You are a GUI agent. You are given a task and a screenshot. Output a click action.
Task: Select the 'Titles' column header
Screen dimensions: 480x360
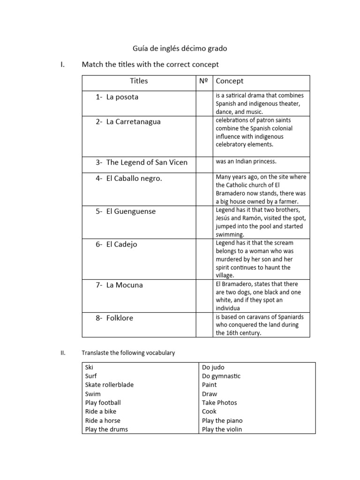tap(139, 81)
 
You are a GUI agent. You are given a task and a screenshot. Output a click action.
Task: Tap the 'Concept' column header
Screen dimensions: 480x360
tap(230, 81)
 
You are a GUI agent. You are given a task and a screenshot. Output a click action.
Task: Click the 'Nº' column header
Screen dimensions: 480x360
tap(203, 81)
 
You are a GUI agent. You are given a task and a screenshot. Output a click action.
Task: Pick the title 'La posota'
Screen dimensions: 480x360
tap(122, 97)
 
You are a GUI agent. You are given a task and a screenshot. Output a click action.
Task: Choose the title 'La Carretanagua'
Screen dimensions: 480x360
tap(133, 121)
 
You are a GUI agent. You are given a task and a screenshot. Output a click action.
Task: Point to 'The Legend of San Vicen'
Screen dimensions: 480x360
tap(147, 162)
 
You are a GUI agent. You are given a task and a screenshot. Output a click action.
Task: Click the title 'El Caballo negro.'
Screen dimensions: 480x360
tap(134, 178)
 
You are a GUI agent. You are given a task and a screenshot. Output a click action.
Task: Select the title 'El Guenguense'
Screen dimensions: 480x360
tap(131, 211)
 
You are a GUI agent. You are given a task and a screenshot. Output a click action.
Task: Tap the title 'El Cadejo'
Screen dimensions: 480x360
tap(121, 244)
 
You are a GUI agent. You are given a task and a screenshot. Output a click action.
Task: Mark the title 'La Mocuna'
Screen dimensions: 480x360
tap(125, 285)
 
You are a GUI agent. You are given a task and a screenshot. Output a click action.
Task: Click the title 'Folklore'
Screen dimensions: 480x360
tap(120, 317)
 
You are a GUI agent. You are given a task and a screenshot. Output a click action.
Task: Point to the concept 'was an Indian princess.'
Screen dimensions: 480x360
tap(246, 161)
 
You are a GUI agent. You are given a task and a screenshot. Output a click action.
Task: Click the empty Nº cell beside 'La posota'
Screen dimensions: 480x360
tap(204, 103)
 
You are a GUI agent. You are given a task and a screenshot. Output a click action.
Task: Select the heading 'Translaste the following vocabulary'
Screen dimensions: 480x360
tap(128, 352)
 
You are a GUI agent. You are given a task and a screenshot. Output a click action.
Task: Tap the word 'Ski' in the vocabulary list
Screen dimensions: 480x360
tap(89, 367)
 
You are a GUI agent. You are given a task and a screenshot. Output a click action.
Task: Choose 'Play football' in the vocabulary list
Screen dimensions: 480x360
tap(103, 403)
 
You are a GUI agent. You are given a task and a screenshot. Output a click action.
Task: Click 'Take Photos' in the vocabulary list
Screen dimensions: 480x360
tap(219, 403)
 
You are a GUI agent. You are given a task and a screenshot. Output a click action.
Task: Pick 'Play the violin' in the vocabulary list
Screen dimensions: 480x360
tap(222, 429)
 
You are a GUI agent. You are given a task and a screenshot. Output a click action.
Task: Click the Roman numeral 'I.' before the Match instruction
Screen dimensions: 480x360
tap(63, 64)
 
